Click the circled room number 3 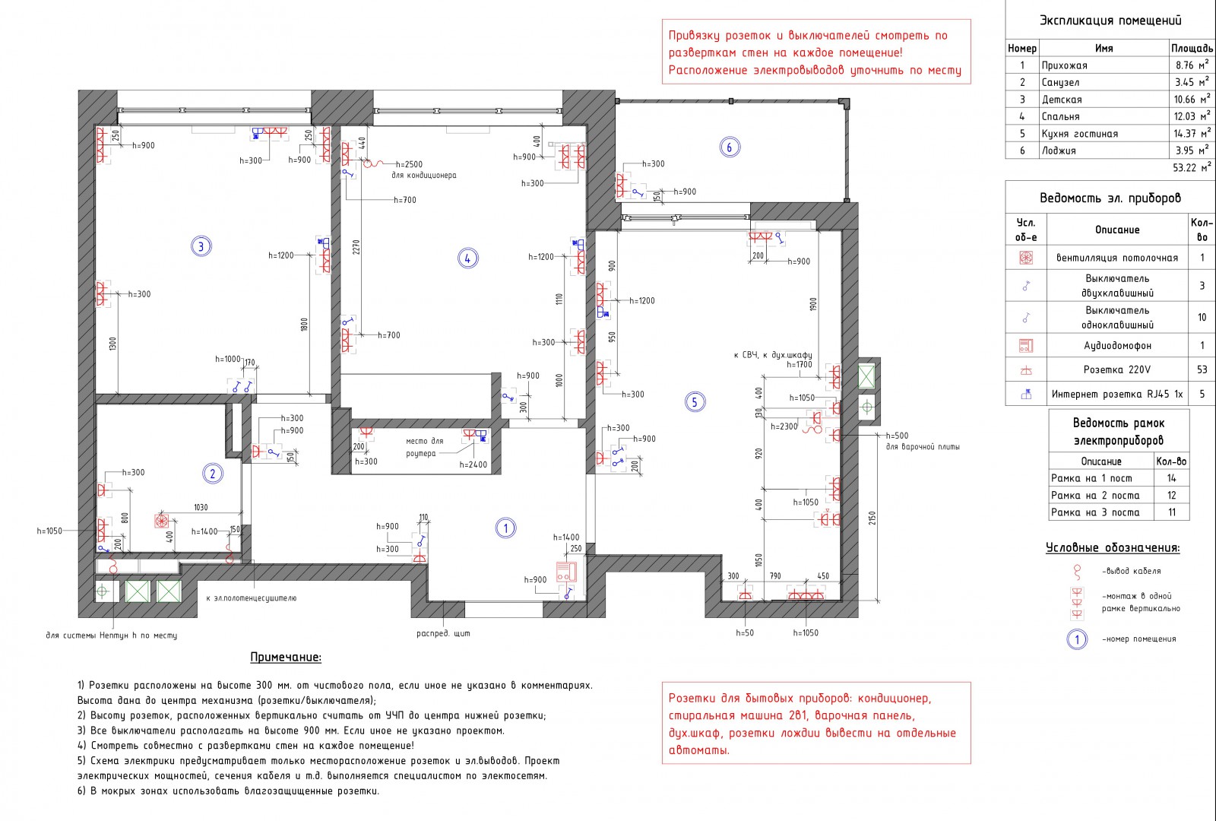[x=201, y=246]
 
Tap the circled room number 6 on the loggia [x=729, y=147]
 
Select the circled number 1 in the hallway [x=505, y=528]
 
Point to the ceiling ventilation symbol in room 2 [x=161, y=521]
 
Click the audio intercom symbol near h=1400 [x=566, y=572]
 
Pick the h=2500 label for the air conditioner [x=409, y=164]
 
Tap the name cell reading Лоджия [x=1059, y=151]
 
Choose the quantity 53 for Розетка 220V [x=1202, y=369]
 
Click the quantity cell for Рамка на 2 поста [x=1171, y=495]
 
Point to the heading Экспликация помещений [x=1110, y=21]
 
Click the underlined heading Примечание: [x=286, y=657]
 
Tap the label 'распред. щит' [x=443, y=633]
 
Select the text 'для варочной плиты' [x=923, y=447]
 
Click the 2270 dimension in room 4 [x=356, y=247]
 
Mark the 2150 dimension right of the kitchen [x=872, y=518]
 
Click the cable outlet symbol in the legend [x=1077, y=572]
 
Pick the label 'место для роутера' [x=424, y=448]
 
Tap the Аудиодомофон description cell [x=1117, y=345]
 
